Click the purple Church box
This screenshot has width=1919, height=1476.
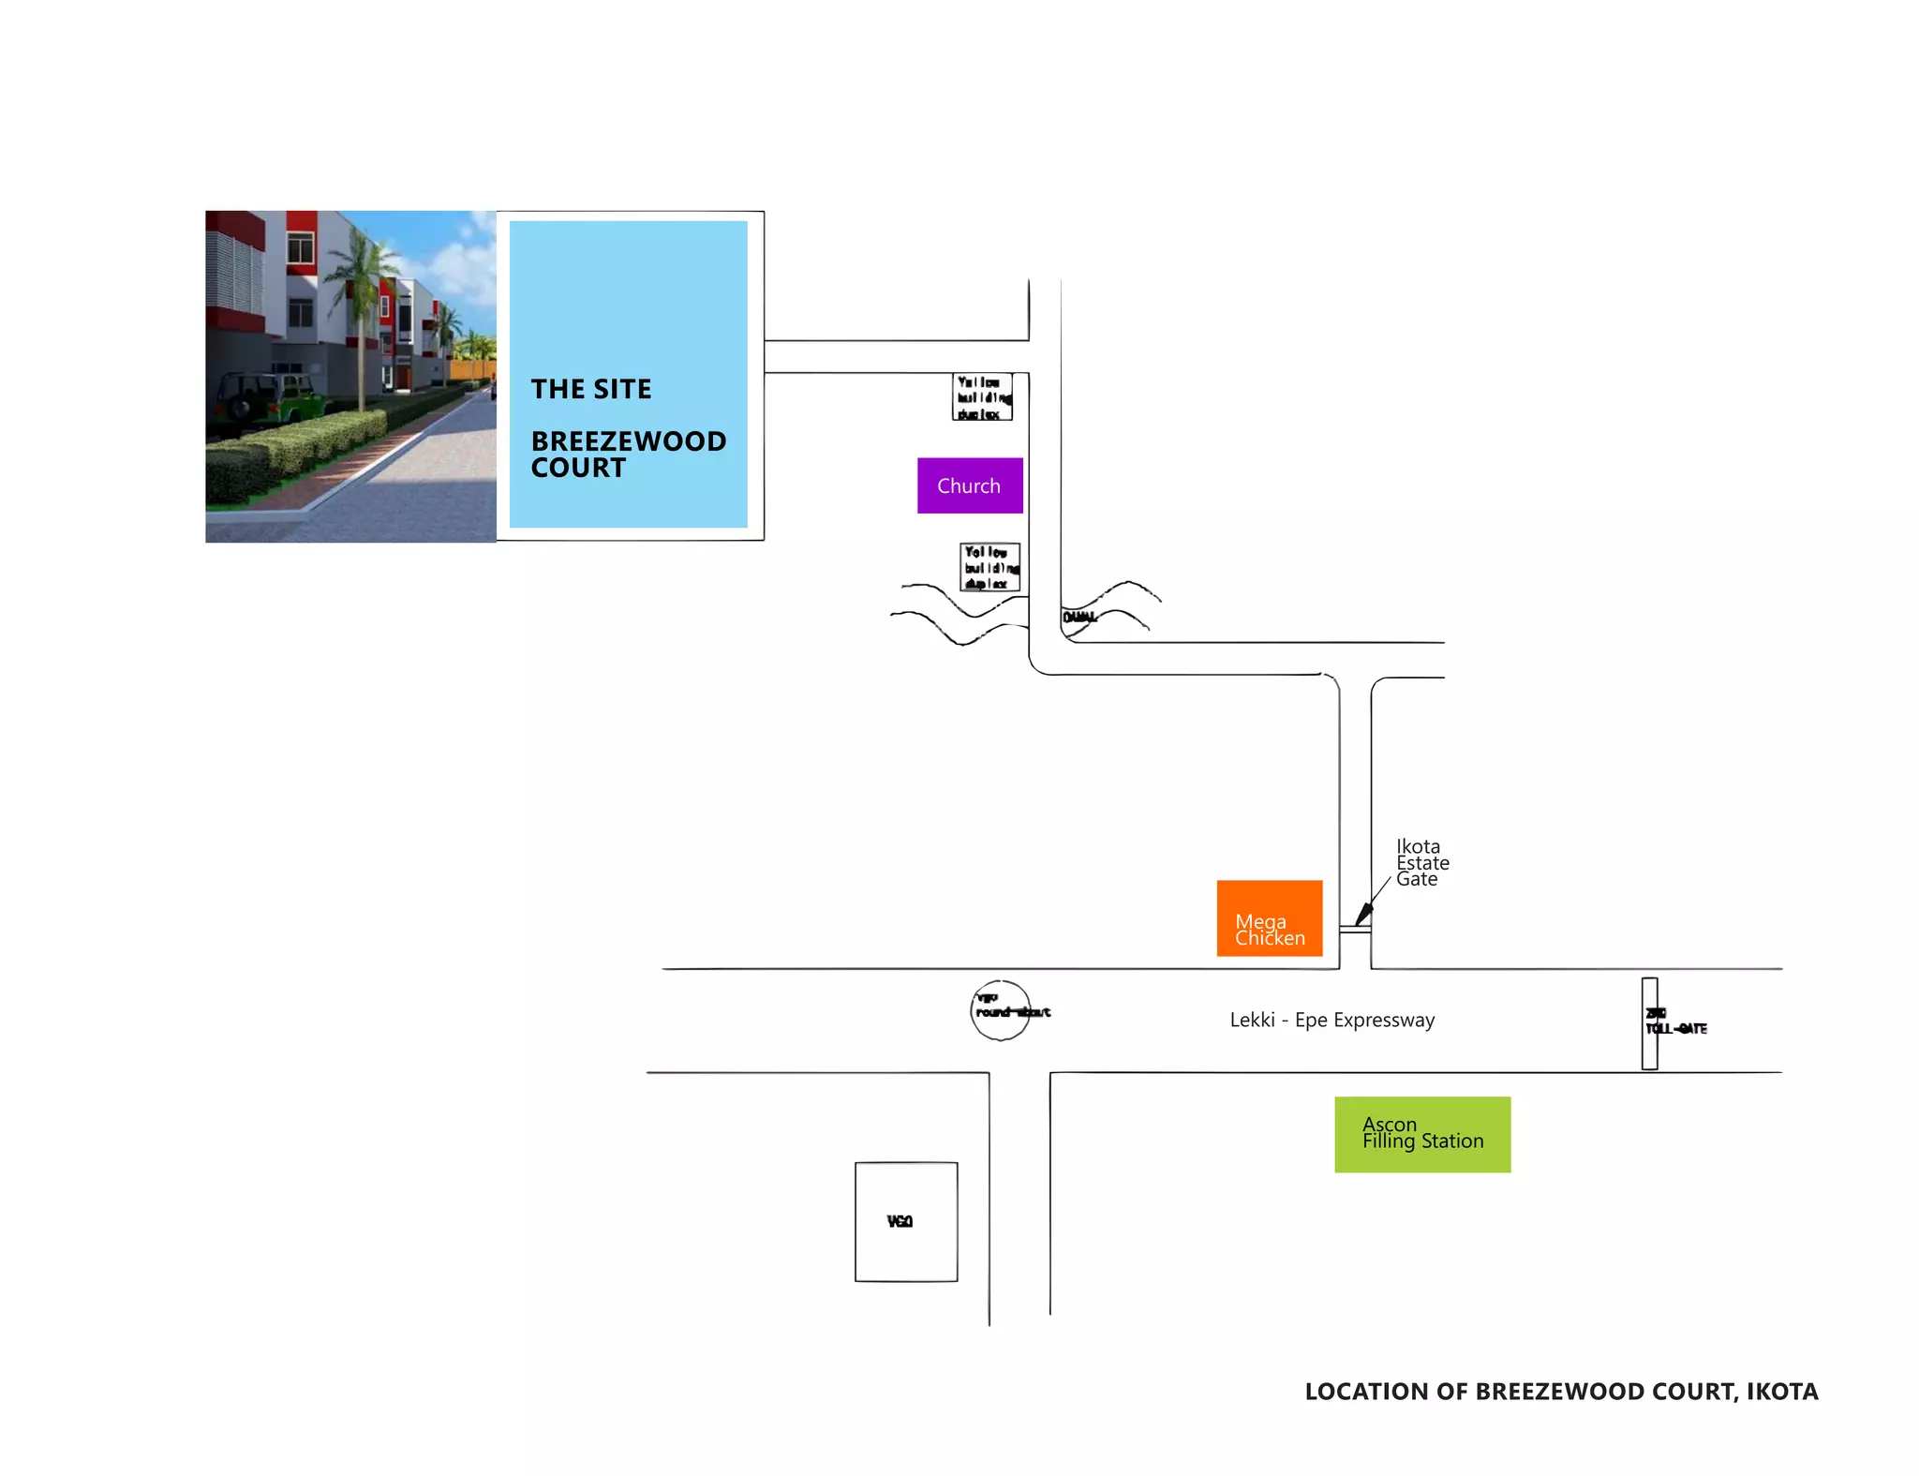pyautogui.click(x=970, y=485)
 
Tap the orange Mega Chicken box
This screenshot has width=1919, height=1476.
pyautogui.click(x=1269, y=918)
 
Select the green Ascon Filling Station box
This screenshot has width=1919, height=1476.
pyautogui.click(x=1422, y=1134)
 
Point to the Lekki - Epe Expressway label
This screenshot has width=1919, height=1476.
pyautogui.click(x=1331, y=1020)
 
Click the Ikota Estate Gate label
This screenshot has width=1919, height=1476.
pyautogui.click(x=1421, y=862)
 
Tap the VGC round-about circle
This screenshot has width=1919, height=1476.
pyautogui.click(x=1000, y=1010)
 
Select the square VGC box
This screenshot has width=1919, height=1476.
pyautogui.click(x=906, y=1221)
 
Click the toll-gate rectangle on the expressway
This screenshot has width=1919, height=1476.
pyautogui.click(x=1649, y=1023)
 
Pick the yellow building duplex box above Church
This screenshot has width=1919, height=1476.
pyautogui.click(x=982, y=397)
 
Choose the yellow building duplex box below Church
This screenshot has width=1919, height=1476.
pyautogui.click(x=990, y=568)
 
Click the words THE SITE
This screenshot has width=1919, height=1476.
pyautogui.click(x=591, y=389)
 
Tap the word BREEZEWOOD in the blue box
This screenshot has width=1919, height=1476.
pyautogui.click(x=629, y=440)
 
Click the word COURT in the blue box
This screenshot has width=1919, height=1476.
pyautogui.click(x=578, y=468)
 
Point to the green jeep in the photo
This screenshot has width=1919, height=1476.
pyautogui.click(x=272, y=397)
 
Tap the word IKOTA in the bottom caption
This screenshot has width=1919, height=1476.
pyautogui.click(x=1782, y=1392)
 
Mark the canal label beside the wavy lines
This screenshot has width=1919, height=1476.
pyautogui.click(x=1079, y=617)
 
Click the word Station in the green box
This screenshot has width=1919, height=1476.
pyautogui.click(x=1452, y=1141)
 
